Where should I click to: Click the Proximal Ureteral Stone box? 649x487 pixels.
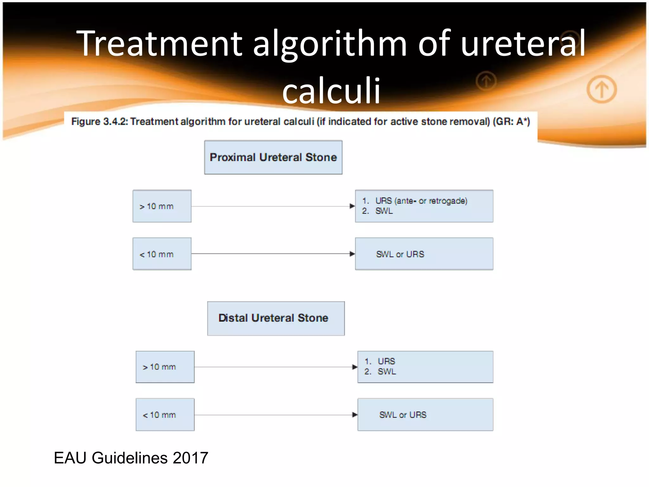coord(273,157)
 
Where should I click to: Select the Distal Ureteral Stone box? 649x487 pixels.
coord(276,318)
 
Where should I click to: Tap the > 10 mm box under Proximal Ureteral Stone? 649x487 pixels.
coord(162,206)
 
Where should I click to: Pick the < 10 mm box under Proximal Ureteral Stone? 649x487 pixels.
coord(162,254)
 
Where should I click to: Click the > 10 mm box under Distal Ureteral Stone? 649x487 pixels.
coord(165,367)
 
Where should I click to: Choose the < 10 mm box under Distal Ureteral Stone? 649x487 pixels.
coord(165,415)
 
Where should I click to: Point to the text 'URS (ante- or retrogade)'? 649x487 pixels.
coord(421,201)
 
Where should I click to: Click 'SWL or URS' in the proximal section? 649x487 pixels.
coord(400,254)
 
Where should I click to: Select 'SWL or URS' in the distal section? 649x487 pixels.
coord(403,415)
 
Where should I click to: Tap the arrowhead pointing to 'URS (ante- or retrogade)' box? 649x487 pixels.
coord(352,206)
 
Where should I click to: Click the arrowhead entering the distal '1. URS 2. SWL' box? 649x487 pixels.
coord(355,367)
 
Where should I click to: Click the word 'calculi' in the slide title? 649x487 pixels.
coord(331,91)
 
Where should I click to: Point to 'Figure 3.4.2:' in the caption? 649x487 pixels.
coord(100,121)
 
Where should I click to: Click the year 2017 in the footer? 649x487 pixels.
coord(190,458)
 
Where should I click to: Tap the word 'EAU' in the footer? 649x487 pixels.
coord(70,458)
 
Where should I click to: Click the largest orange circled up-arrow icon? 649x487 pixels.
coord(601,89)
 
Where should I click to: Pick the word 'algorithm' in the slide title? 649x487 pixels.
coord(330,44)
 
